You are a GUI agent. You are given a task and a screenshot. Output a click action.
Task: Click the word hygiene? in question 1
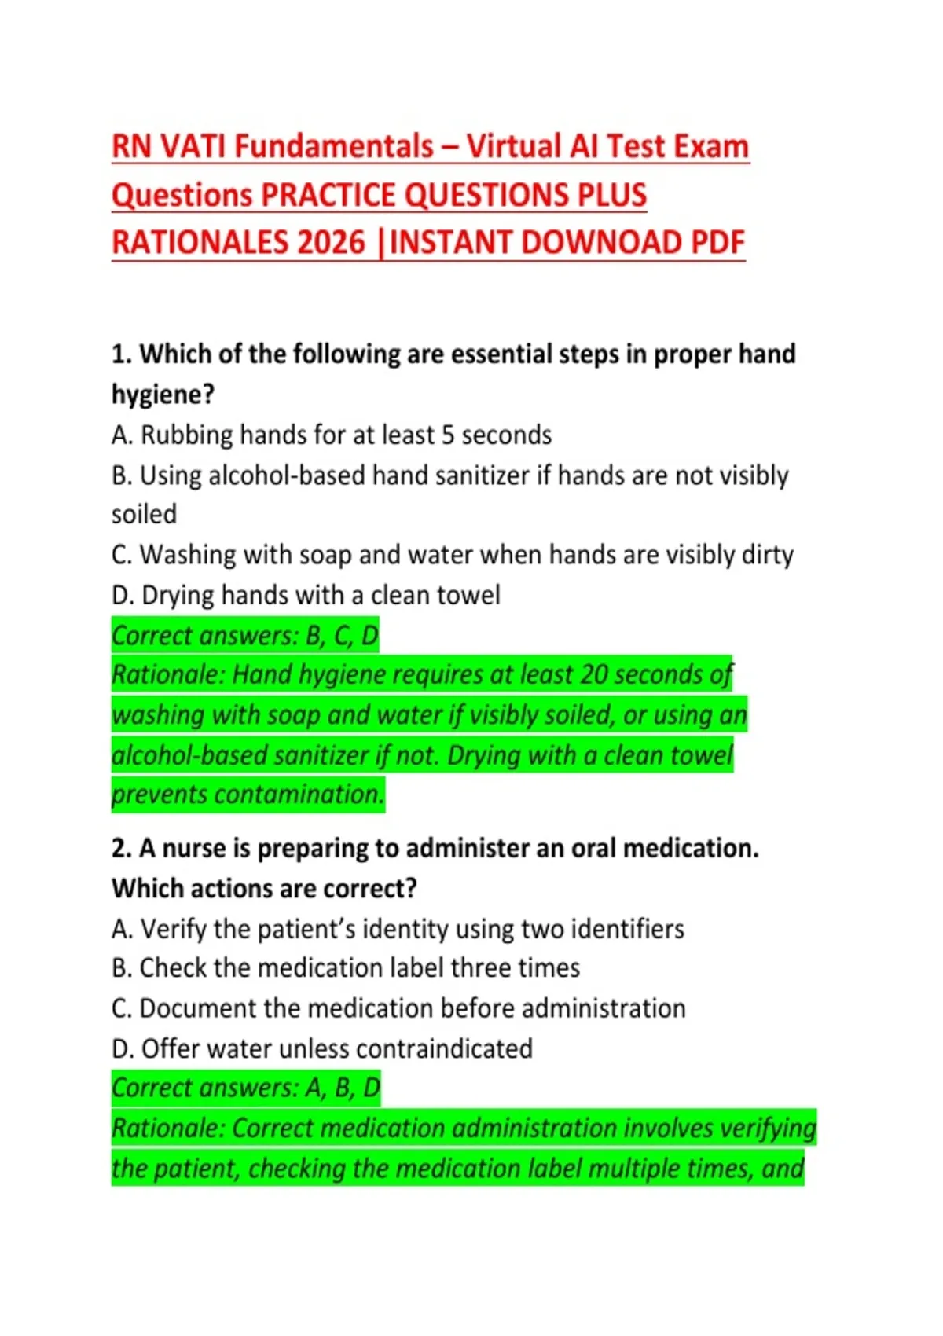[163, 395]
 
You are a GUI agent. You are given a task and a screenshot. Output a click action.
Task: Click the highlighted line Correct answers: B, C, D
[245, 636]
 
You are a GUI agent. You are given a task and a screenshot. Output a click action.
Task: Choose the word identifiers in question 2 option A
[627, 930]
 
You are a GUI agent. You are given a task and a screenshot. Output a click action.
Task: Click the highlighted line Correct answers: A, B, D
[246, 1088]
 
